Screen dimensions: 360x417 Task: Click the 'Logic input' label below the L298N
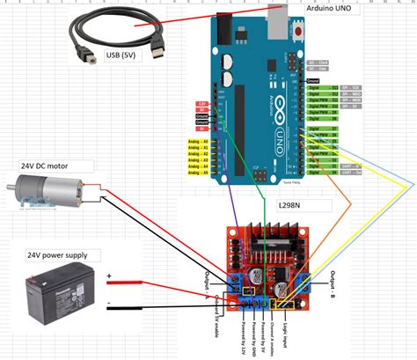pyautogui.click(x=287, y=334)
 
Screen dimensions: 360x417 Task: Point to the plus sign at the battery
pyautogui.click(x=110, y=277)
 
